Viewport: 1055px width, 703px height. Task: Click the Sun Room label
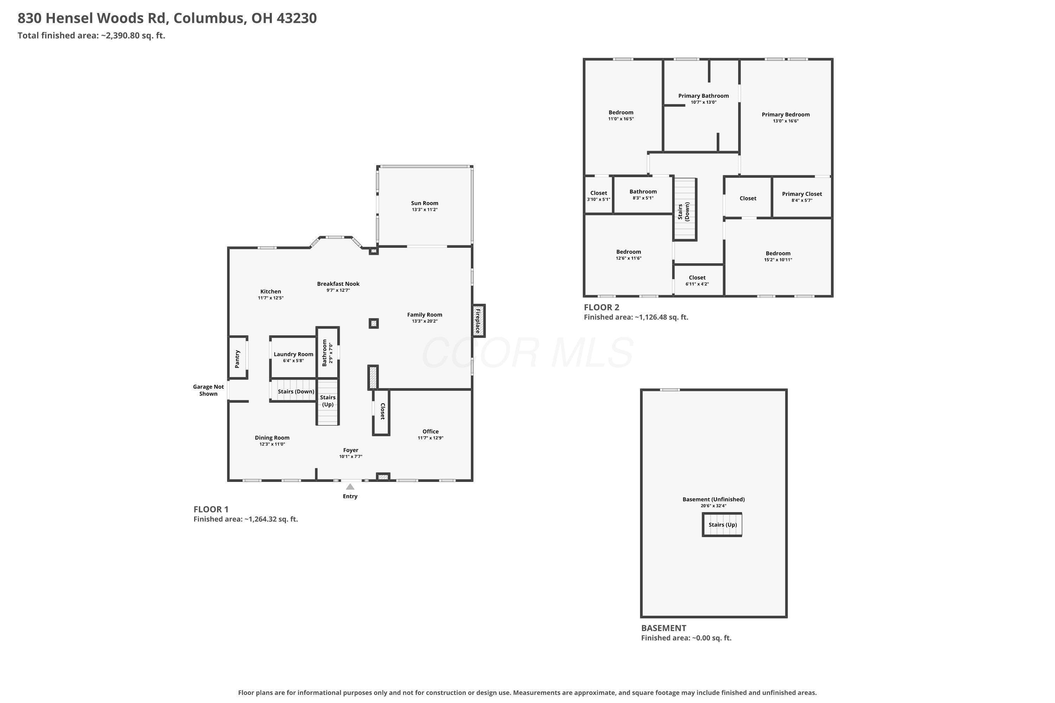[424, 203]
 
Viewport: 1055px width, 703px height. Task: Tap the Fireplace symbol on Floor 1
[478, 321]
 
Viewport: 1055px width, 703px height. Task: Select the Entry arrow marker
[350, 486]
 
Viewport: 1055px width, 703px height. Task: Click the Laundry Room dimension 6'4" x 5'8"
[293, 361]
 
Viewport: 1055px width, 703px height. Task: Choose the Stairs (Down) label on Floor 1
[296, 392]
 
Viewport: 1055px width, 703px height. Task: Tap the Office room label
[430, 431]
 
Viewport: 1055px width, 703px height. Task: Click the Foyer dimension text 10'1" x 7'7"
[351, 456]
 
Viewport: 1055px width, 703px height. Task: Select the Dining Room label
[272, 438]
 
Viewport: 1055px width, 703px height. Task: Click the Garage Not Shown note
[209, 390]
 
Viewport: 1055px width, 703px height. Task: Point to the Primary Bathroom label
[703, 96]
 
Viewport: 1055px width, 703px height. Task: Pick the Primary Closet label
[802, 194]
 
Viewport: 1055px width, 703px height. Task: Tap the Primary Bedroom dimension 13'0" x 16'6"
[786, 121]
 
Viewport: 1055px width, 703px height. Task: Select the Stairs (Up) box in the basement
[722, 524]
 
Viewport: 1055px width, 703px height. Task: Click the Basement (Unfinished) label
[714, 499]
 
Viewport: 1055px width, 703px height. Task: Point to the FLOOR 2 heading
[601, 307]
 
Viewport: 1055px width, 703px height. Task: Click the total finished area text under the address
[91, 36]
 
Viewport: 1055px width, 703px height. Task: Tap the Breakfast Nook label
[338, 284]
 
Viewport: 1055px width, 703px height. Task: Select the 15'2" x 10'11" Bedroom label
[778, 253]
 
